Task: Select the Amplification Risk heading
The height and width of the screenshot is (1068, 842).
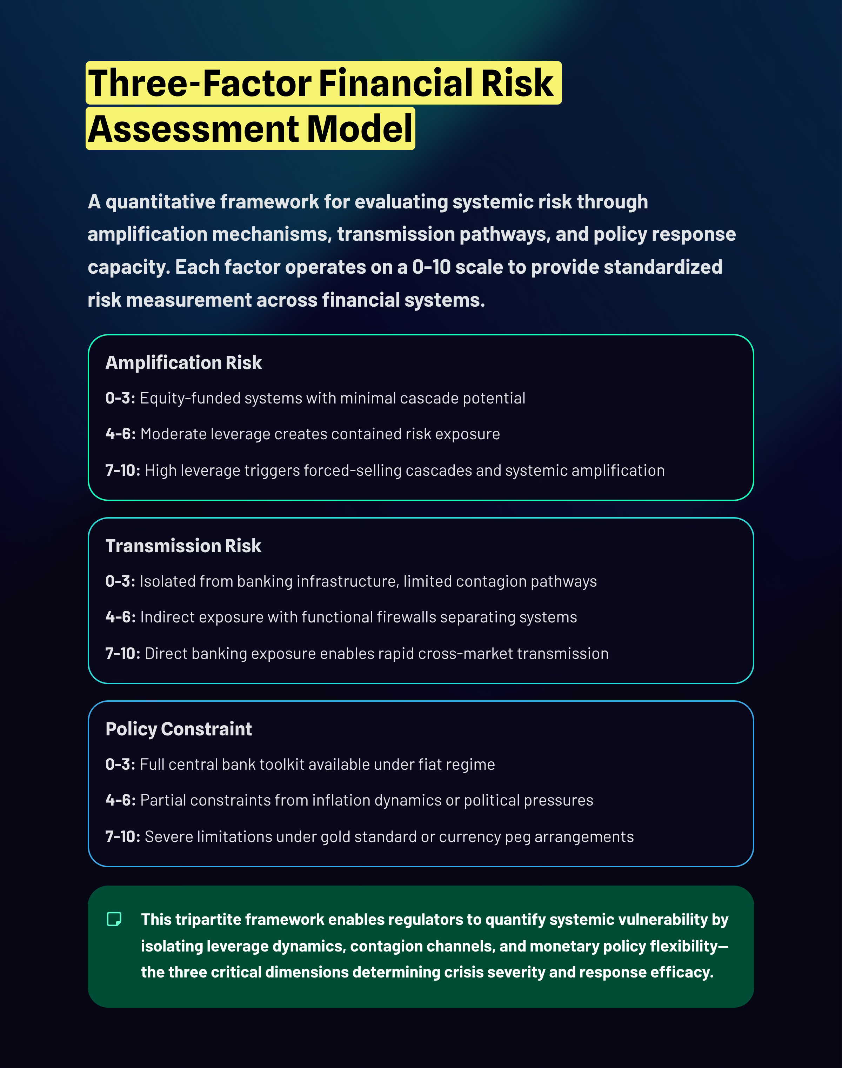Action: click(x=183, y=363)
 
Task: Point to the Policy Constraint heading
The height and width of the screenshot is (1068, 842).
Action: click(x=179, y=729)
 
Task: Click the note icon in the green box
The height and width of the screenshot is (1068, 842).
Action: click(x=114, y=919)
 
